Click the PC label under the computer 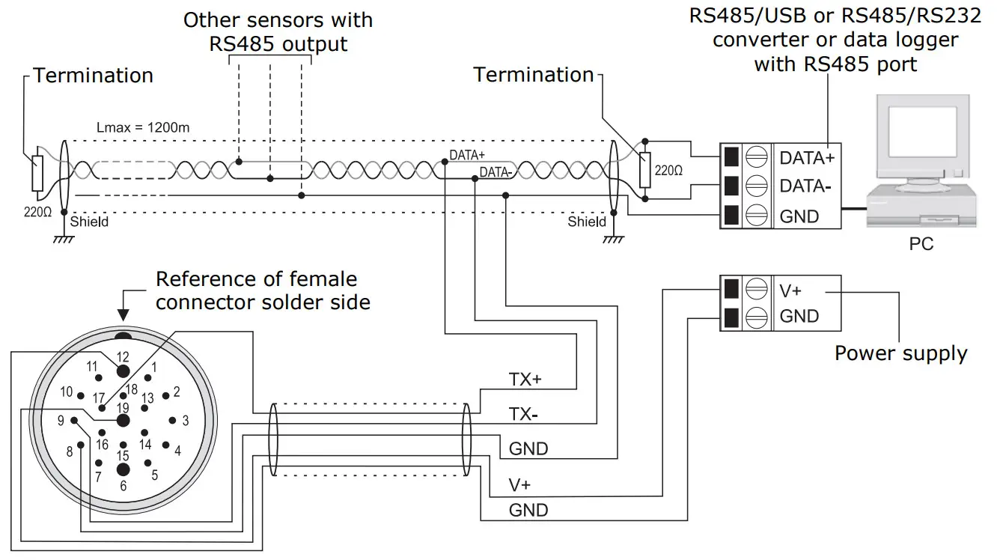921,245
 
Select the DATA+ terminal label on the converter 807,158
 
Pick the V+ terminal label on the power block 791,290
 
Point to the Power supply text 900,353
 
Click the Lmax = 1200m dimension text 143,127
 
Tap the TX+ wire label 525,380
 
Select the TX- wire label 525,414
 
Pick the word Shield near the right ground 587,222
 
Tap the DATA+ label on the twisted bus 467,155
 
